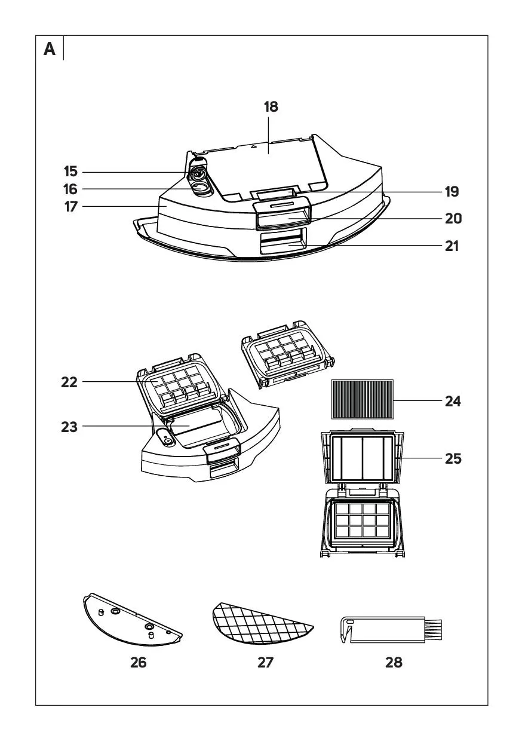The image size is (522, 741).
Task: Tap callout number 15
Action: pyautogui.click(x=71, y=172)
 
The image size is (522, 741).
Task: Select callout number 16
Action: pyautogui.click(x=71, y=189)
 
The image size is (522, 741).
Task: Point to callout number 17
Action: pyautogui.click(x=71, y=208)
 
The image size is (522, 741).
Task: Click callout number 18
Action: pyautogui.click(x=271, y=107)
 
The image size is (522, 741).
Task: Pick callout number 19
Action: pyautogui.click(x=452, y=192)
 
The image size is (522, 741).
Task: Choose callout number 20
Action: pyautogui.click(x=453, y=219)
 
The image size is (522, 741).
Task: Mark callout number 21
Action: pyautogui.click(x=452, y=246)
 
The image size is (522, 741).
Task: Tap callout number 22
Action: pyautogui.click(x=69, y=382)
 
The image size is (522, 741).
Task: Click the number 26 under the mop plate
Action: pyautogui.click(x=138, y=662)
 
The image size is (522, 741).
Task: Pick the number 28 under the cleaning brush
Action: pyautogui.click(x=394, y=662)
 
